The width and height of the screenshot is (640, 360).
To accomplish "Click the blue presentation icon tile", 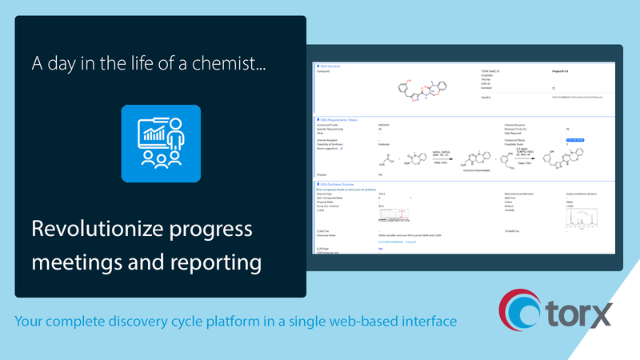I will (x=161, y=142).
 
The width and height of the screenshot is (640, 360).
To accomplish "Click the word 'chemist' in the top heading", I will (x=238, y=62).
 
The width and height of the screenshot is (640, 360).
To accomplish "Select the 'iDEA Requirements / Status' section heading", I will (x=339, y=119).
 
